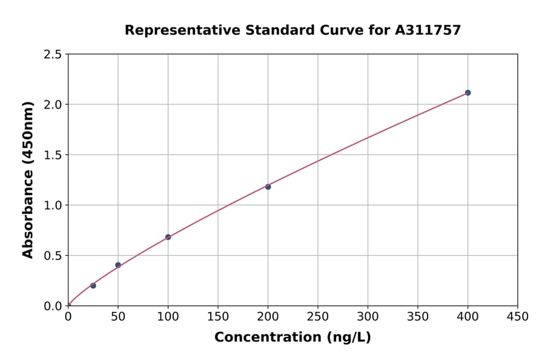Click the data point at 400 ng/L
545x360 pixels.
pos(467,93)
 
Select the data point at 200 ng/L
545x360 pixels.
pos(268,187)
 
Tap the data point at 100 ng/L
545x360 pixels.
pos(168,237)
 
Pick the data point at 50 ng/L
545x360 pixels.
pos(118,265)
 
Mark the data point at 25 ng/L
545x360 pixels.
pos(93,285)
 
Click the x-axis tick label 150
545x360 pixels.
pos(218,316)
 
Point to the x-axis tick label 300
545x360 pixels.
pos(368,316)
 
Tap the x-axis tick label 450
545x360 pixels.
pos(517,316)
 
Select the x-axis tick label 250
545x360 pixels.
pos(318,316)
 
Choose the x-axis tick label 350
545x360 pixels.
pos(418,316)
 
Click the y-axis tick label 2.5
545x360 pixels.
pos(53,55)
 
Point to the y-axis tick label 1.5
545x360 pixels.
pos(53,155)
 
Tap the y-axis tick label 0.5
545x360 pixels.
pos(53,256)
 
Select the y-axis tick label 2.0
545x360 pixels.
pos(53,105)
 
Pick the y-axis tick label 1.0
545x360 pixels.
pos(53,205)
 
